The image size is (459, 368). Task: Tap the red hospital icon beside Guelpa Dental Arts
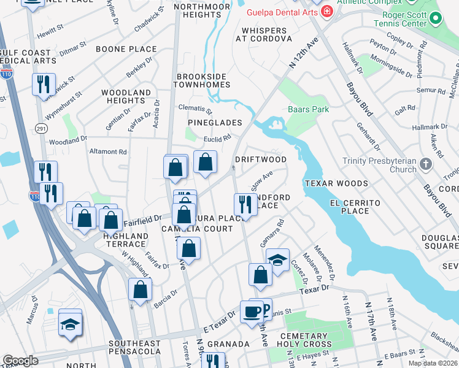(x=326, y=12)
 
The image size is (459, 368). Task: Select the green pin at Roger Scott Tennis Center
(x=436, y=18)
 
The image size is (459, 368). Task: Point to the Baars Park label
(x=308, y=110)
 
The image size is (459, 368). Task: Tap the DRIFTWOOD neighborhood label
(x=261, y=159)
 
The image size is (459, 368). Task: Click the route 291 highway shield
(x=41, y=128)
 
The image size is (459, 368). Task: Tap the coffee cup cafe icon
(x=251, y=311)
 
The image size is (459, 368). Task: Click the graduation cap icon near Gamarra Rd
(x=277, y=259)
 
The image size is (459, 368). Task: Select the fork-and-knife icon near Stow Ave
(x=245, y=204)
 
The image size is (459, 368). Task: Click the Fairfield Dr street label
(x=142, y=217)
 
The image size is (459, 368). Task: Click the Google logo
(x=20, y=361)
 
